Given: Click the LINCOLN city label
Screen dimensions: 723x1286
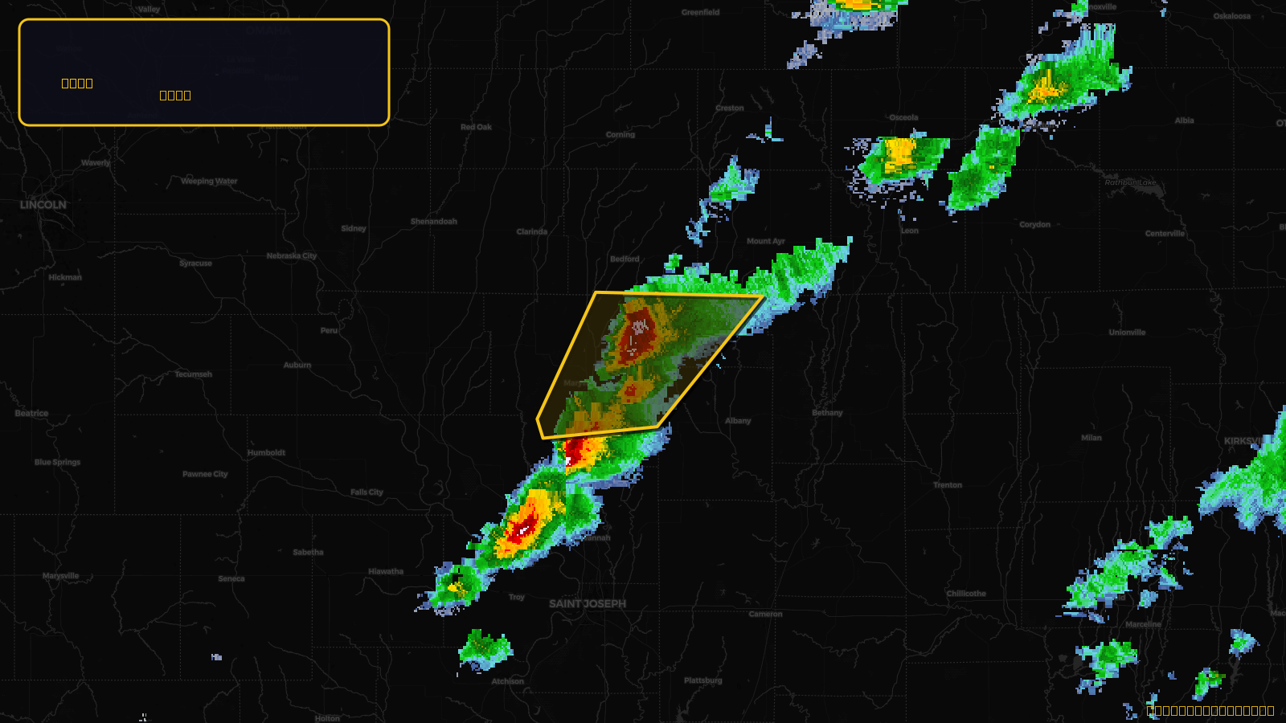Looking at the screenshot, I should pos(43,205).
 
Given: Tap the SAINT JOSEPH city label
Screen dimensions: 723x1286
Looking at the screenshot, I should pos(588,603).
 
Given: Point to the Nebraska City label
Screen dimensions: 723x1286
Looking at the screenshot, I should pos(292,255).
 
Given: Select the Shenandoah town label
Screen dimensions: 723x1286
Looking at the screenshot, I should pos(434,221).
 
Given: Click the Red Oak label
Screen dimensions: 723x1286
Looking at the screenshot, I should pos(476,127).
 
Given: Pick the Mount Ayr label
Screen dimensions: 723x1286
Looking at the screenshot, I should pos(766,241).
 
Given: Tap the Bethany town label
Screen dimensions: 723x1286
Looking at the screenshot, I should pos(827,413).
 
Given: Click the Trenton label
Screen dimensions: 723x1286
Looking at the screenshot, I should pos(948,485).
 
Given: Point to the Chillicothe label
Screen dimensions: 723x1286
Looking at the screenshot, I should pos(966,594).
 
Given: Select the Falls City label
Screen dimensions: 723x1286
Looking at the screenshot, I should pos(367,492).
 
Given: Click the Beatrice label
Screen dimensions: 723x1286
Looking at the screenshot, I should pos(31,414).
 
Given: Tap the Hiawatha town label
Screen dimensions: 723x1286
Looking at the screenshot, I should pos(386,572).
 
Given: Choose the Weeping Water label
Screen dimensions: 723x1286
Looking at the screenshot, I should pos(209,181).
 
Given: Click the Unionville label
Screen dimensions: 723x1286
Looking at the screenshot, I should pos(1127,333).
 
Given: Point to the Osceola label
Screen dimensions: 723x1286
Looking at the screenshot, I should pos(903,117).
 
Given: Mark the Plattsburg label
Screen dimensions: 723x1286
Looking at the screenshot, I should pos(703,680).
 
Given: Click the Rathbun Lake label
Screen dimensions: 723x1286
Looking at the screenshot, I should pos(1130,182).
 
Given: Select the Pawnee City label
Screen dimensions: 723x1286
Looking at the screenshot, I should pos(205,474).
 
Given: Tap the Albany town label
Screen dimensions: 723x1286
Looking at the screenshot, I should pos(738,421).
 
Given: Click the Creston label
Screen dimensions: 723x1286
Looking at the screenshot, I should pos(730,108).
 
